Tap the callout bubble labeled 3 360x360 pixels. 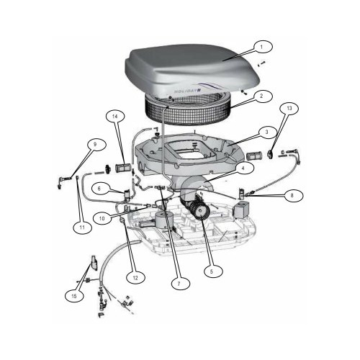(x=266, y=132)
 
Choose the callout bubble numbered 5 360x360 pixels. (x=210, y=271)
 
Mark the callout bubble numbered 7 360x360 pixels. (x=177, y=284)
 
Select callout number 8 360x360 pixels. (x=291, y=195)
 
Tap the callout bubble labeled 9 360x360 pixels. (x=93, y=145)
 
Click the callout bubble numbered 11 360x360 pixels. (x=82, y=228)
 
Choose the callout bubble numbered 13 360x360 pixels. (x=289, y=108)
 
